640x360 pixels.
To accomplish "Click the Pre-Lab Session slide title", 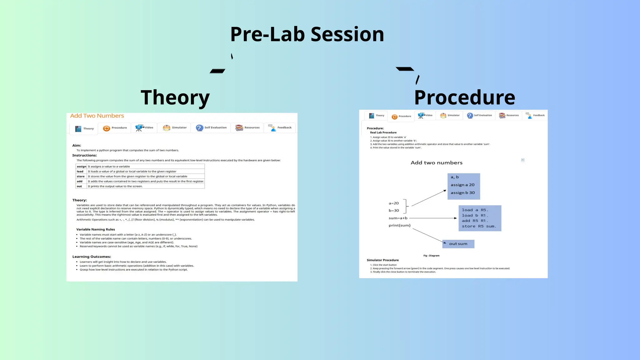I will tap(307, 34).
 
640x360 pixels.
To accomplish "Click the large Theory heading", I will tap(175, 97).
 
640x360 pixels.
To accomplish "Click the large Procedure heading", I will tap(464, 97).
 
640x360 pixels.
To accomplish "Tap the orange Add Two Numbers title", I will tap(97, 116).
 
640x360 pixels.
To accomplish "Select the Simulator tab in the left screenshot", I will tap(175, 128).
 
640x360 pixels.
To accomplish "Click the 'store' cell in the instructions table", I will tap(81, 177).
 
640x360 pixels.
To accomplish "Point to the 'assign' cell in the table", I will tap(81, 167).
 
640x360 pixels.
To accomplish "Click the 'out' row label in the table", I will tap(79, 187).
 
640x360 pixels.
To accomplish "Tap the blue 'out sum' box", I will tap(458, 244).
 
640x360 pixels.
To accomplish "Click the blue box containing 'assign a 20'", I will tap(463, 186).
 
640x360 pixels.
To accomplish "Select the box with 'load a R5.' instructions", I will tap(480, 218).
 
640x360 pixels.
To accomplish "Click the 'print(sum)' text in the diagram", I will tap(399, 226).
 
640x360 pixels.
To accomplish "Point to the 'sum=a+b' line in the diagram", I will tap(398, 218).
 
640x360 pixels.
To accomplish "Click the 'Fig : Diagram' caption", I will tap(431, 256).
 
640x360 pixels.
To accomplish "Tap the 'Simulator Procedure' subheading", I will tap(382, 260).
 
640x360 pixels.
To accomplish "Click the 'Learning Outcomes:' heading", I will tap(92, 257).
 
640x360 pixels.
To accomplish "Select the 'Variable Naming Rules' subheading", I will tap(95, 229).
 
